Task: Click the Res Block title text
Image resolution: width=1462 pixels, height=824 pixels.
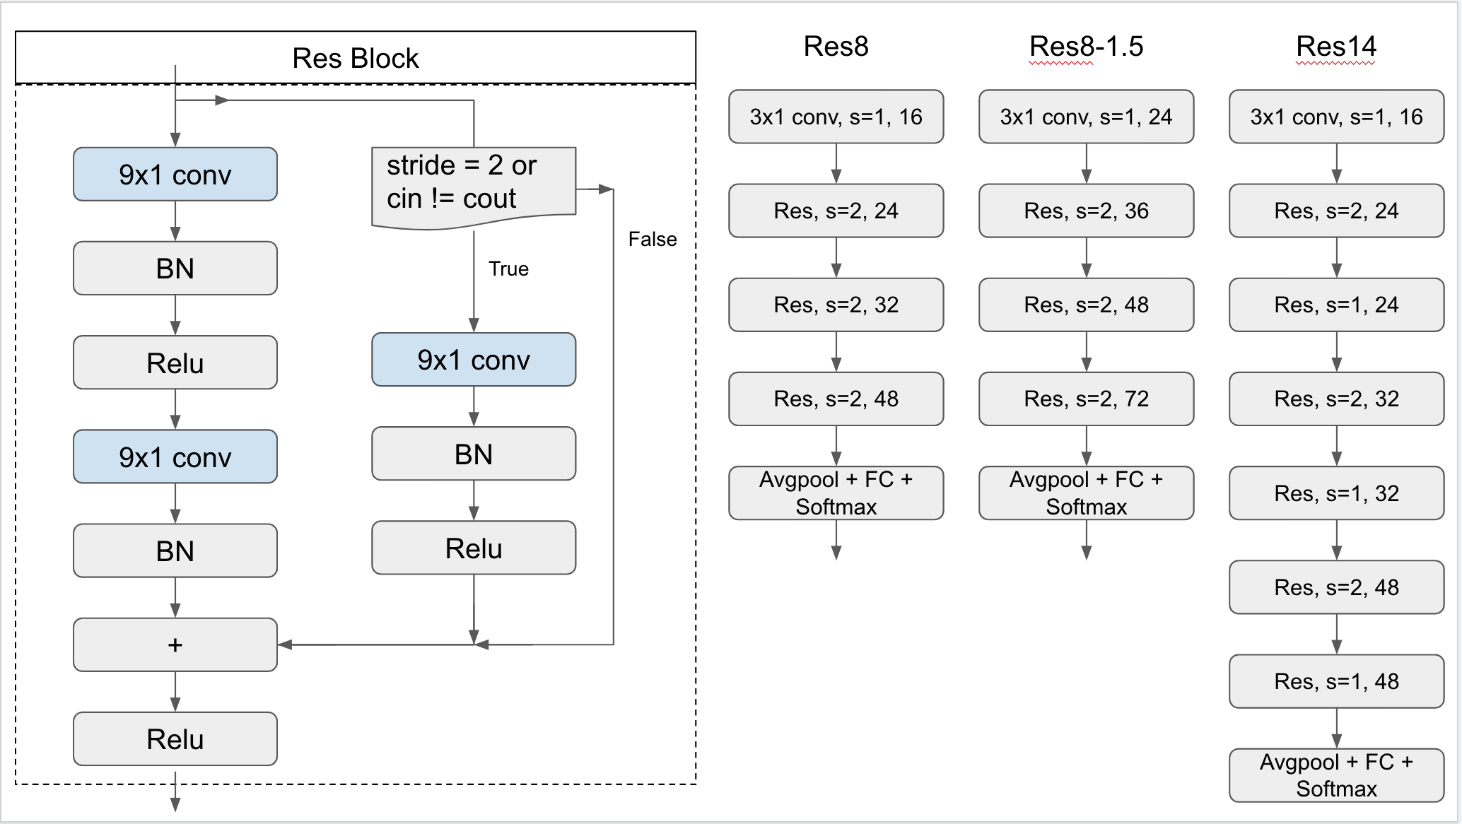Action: (x=355, y=58)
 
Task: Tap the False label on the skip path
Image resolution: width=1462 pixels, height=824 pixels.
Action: (x=652, y=240)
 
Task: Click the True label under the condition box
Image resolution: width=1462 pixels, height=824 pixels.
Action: (x=508, y=269)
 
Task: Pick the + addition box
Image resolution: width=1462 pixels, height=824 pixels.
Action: (x=175, y=645)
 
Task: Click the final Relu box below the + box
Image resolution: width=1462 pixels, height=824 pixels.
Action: (x=175, y=739)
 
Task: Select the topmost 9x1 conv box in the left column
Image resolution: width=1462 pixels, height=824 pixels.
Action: (x=175, y=175)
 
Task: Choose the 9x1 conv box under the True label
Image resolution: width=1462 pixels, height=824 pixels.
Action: (x=473, y=360)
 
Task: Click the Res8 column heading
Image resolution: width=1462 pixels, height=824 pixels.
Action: (x=836, y=47)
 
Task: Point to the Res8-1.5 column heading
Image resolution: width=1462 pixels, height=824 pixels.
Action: (x=1086, y=47)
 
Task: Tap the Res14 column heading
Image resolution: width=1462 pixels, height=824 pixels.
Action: (x=1335, y=47)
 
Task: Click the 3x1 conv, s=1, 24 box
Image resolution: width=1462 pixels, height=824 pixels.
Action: (x=1086, y=117)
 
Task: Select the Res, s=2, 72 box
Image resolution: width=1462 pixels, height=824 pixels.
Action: (x=1086, y=399)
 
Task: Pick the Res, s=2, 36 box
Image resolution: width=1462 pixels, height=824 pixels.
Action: (x=1086, y=211)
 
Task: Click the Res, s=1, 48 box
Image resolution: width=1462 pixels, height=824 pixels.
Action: (x=1335, y=681)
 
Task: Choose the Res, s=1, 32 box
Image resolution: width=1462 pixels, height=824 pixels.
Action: (x=1335, y=493)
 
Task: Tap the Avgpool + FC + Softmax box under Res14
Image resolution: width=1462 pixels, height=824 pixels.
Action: (x=1335, y=775)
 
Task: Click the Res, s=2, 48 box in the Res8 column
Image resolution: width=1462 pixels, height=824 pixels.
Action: (x=836, y=399)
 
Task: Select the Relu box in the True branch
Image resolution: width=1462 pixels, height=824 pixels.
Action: (x=473, y=548)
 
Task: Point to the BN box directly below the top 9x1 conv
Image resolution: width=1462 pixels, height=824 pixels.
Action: (x=175, y=269)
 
